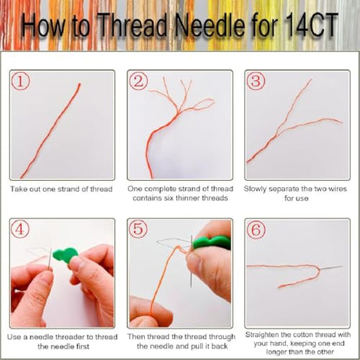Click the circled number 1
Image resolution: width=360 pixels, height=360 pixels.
point(20,81)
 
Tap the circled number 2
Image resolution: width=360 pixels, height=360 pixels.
point(139,81)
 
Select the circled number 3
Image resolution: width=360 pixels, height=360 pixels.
point(256,81)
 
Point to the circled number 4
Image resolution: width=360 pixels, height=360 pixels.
point(20,229)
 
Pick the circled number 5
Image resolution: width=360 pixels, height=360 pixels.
point(139,229)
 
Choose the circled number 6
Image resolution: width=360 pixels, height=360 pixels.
point(256,229)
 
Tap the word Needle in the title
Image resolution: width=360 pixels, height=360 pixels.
point(210,26)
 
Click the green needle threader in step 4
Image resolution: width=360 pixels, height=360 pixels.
point(65,255)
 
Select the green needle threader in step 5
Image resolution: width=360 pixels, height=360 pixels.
point(212,243)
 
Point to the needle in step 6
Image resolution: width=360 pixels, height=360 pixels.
point(331,268)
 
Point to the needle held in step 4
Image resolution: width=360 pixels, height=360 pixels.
point(50,258)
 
